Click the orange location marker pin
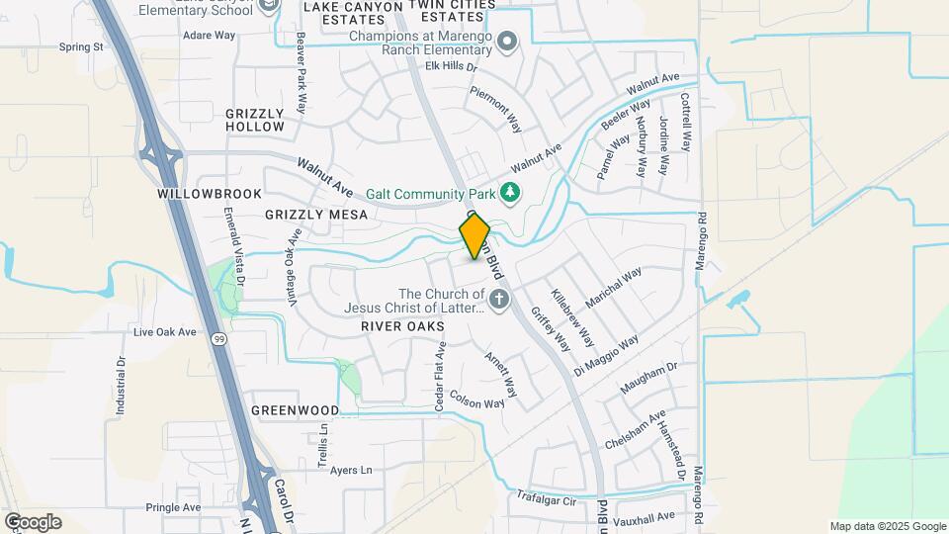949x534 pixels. [474, 236]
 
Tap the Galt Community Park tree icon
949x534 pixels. [510, 192]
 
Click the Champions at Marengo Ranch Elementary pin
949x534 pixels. [507, 42]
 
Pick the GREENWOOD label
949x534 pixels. [295, 409]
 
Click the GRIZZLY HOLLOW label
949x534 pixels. [255, 120]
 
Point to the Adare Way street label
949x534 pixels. [210, 35]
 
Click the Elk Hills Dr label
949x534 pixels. [451, 67]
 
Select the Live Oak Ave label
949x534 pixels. [165, 332]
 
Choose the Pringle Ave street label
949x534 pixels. [173, 507]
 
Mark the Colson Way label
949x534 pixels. [477, 400]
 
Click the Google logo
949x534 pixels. [33, 521]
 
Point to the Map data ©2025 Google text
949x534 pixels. [888, 526]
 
